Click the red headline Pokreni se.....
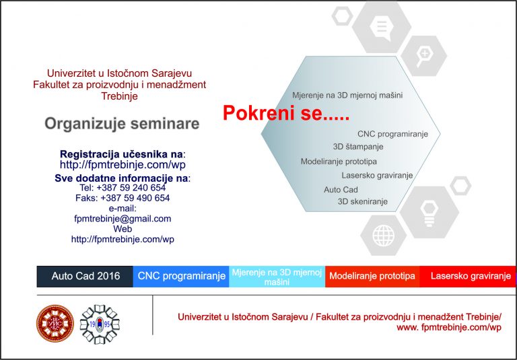[x=285, y=113]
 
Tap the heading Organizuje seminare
[x=122, y=124]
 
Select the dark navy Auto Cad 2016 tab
[x=85, y=277]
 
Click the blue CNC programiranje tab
[x=181, y=277]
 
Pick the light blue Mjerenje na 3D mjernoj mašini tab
[x=277, y=277]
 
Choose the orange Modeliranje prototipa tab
[x=372, y=277]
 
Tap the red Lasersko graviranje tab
[x=468, y=277]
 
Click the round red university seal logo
[x=55, y=323]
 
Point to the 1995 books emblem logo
[x=100, y=324]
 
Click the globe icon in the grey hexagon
[x=383, y=236]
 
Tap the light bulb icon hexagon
[x=429, y=213]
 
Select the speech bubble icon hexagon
[x=382, y=27]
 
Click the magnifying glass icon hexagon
[x=424, y=56]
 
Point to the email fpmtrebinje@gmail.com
[x=123, y=219]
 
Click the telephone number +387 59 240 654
[x=123, y=188]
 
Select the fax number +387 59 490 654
[x=123, y=198]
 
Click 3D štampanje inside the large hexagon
[x=358, y=147]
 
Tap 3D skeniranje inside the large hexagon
[x=363, y=201]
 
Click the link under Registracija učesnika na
[x=123, y=164]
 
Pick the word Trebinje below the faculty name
[x=119, y=96]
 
